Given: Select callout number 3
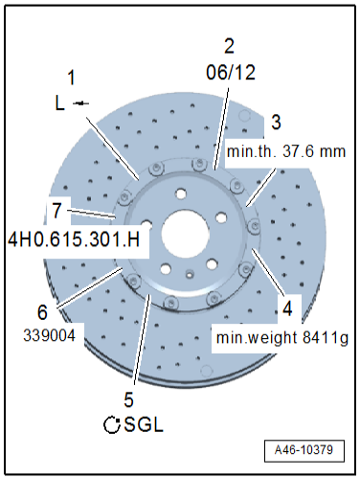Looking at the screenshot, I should point(276,122).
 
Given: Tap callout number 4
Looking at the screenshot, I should point(286,309).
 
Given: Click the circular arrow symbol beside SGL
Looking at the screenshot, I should point(112,424).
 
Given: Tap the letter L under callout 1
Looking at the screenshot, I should point(59,103).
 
